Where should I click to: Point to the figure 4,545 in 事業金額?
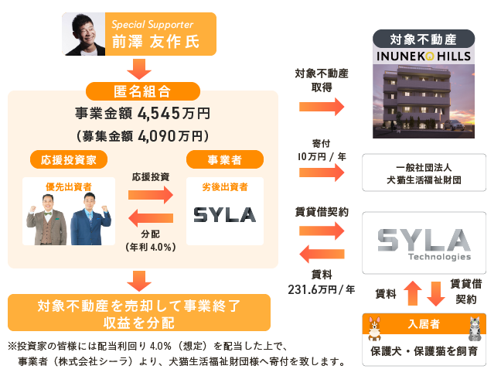(x=158, y=113)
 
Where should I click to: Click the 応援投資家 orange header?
(x=69, y=159)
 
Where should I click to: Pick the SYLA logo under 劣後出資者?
(x=225, y=214)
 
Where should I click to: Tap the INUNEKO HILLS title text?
(x=422, y=56)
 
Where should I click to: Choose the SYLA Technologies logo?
(x=424, y=242)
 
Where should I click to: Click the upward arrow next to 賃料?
(x=411, y=293)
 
